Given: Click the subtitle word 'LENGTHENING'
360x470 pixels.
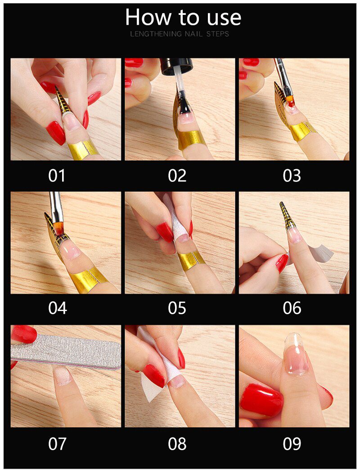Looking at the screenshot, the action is point(156,34).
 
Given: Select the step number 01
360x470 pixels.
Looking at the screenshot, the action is point(57,176).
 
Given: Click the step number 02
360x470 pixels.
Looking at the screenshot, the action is point(177,176).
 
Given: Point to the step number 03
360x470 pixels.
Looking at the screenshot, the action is point(292,176).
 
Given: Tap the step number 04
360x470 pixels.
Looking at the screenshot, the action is point(57,308).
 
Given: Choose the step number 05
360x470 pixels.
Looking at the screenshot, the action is point(177,308).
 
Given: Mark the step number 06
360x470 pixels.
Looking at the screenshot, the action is point(292,308).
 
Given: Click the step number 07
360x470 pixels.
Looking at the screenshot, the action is point(57,444).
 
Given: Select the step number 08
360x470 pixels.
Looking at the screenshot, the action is point(177,444).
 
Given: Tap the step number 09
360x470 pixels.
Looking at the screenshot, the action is point(292,444).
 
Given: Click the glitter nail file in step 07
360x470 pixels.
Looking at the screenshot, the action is point(67,351).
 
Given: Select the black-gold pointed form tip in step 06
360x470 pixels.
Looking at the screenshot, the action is point(286,216).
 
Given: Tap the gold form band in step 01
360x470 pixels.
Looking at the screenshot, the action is point(83,149).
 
